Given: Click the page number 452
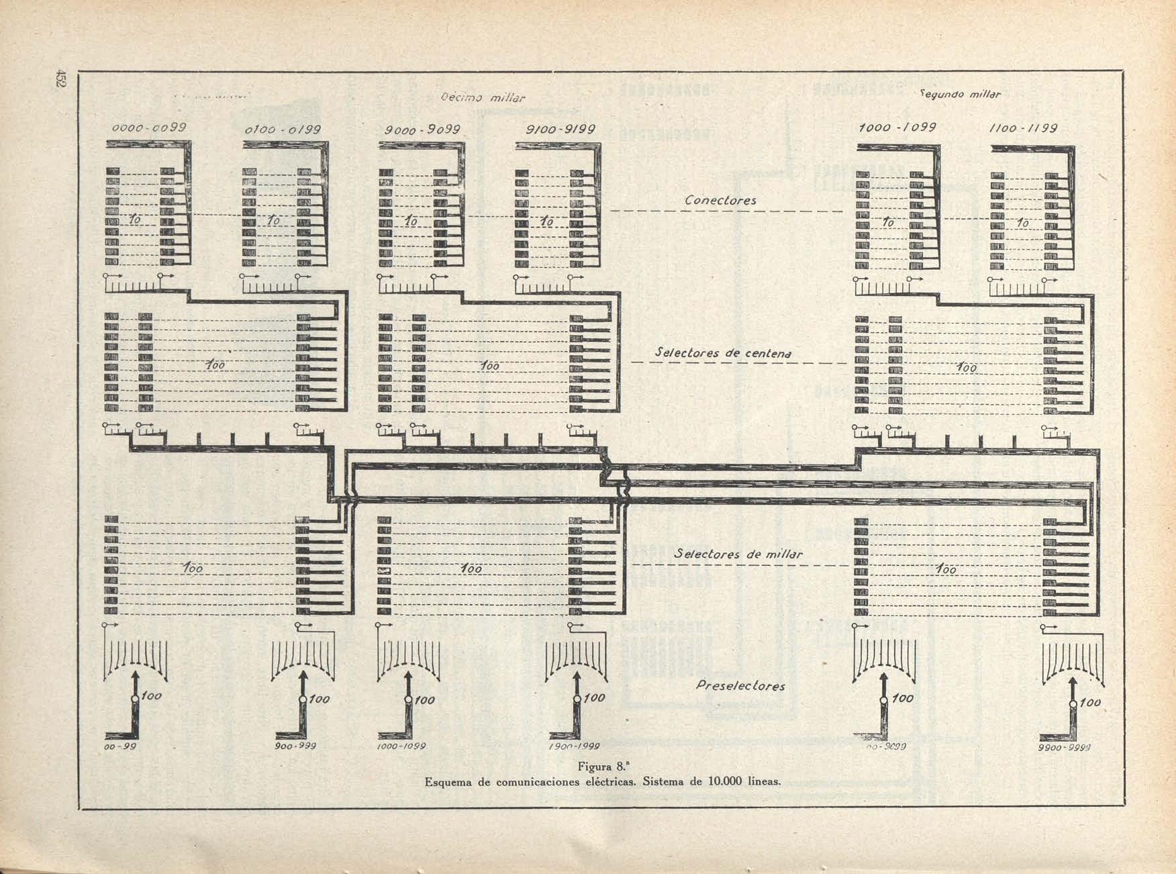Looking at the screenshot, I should point(60,78).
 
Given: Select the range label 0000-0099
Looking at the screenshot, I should point(149,127).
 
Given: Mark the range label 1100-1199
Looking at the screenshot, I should point(1024,128).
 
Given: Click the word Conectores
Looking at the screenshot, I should point(720,200).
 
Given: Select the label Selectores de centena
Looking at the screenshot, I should point(723,352).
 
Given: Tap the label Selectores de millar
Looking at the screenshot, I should point(738,554).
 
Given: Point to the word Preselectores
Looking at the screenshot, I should point(740,686).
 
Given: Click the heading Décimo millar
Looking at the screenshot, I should point(483,98).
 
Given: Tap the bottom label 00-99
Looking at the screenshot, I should point(121,746).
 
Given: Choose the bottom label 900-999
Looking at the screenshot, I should point(295,746).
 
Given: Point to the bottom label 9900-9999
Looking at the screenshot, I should point(1063,748).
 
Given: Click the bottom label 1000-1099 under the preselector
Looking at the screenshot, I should point(401,746).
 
